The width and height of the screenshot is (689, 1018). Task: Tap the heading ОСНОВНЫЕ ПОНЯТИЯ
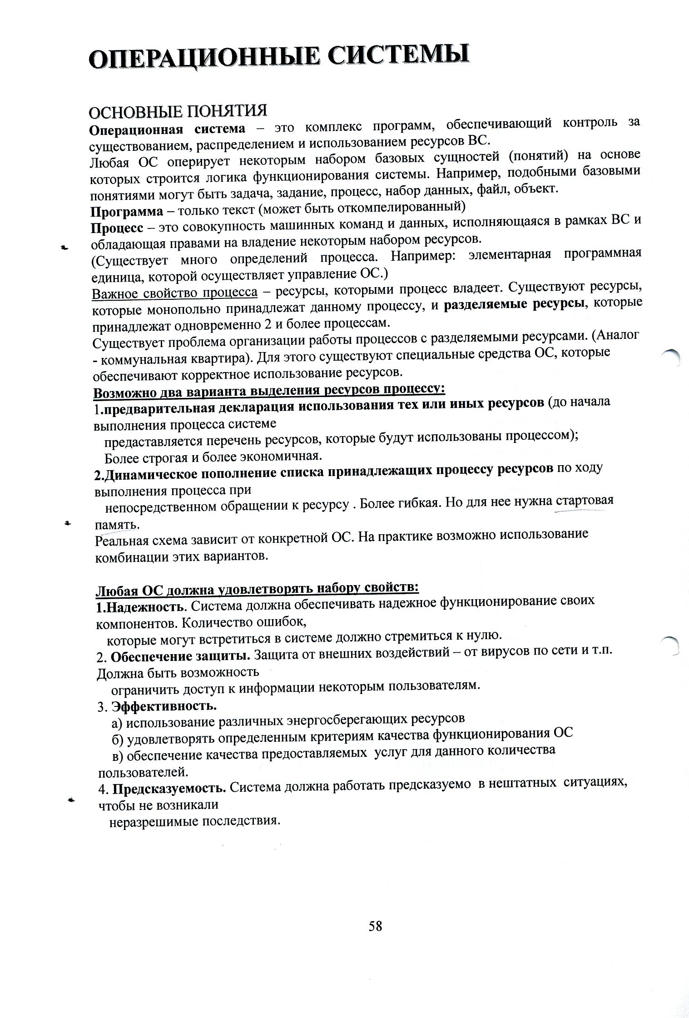[x=177, y=112]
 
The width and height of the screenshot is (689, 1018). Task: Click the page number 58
[x=375, y=926]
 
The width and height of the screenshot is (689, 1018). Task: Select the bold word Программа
[x=127, y=212]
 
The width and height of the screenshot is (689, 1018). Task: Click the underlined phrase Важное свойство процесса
[x=175, y=293]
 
